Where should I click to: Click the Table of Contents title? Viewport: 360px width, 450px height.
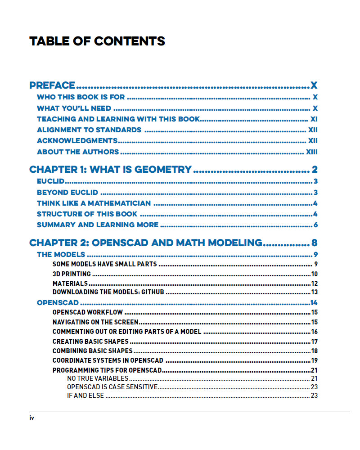(97, 41)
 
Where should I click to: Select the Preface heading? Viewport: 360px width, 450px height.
(52, 85)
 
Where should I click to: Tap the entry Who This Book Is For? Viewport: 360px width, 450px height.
(81, 97)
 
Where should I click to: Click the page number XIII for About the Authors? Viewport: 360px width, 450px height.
(311, 152)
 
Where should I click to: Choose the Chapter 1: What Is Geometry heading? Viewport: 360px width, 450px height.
(110, 170)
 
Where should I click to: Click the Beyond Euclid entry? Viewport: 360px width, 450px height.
(67, 193)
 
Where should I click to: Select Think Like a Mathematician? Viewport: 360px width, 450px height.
(94, 203)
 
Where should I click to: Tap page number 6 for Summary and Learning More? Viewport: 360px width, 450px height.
(316, 225)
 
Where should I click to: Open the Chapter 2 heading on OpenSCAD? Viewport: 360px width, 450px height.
(145, 243)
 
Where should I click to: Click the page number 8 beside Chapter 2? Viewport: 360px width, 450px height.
(314, 243)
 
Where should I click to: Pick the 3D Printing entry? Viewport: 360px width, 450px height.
(72, 274)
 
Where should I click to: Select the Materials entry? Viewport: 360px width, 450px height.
(70, 283)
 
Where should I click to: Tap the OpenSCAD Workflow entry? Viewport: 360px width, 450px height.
(88, 312)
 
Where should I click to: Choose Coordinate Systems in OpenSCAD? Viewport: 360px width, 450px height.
(108, 360)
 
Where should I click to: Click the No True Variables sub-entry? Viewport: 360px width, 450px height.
(98, 378)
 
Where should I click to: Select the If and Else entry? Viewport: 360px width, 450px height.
(85, 396)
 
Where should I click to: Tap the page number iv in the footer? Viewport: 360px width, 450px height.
(32, 418)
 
